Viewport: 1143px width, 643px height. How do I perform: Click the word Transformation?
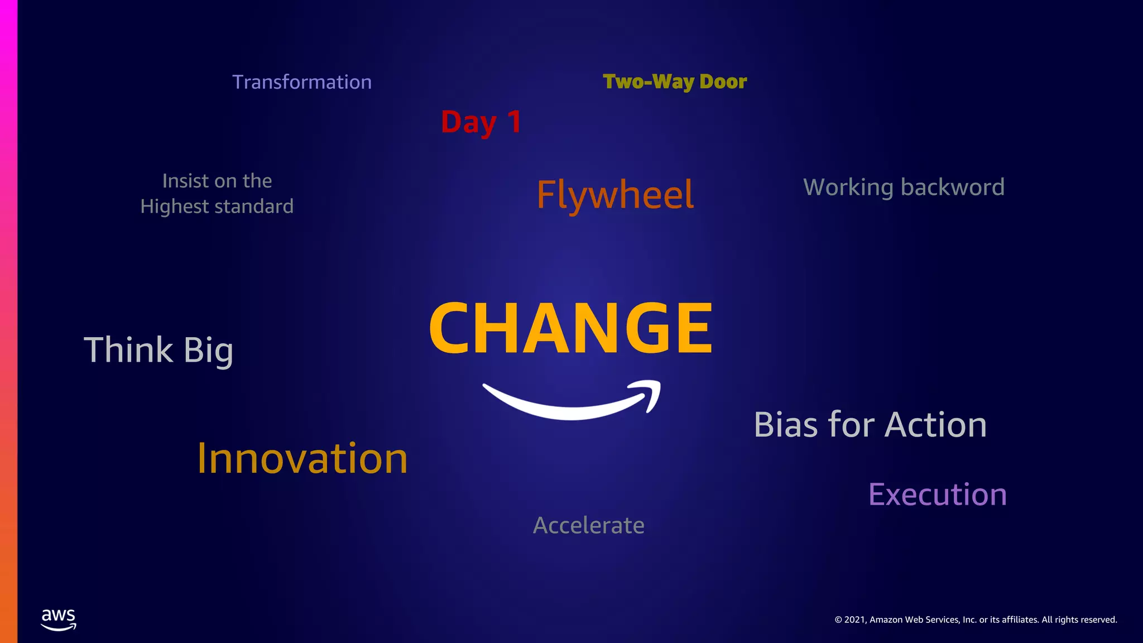[302, 82]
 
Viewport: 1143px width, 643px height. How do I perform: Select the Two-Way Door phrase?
[675, 82]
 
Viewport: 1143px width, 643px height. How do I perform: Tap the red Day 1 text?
[481, 122]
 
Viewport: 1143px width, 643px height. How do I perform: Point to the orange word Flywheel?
[615, 195]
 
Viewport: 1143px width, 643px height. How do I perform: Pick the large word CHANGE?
[570, 328]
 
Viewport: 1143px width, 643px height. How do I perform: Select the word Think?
[128, 350]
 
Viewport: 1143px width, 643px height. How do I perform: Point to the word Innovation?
[302, 458]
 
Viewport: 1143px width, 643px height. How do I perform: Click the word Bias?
[786, 425]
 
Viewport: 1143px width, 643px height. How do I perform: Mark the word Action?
[936, 425]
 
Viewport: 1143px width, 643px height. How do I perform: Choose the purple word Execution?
[938, 495]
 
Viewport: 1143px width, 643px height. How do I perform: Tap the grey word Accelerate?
[589, 525]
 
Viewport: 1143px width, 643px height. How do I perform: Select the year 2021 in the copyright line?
[855, 620]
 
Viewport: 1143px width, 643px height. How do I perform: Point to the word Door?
[723, 82]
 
